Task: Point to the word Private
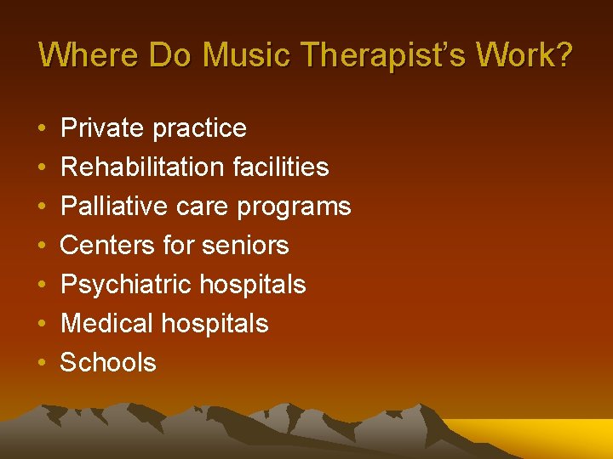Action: click(x=101, y=128)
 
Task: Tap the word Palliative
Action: click(x=117, y=207)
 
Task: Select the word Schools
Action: click(x=108, y=363)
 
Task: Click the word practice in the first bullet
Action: click(x=201, y=129)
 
